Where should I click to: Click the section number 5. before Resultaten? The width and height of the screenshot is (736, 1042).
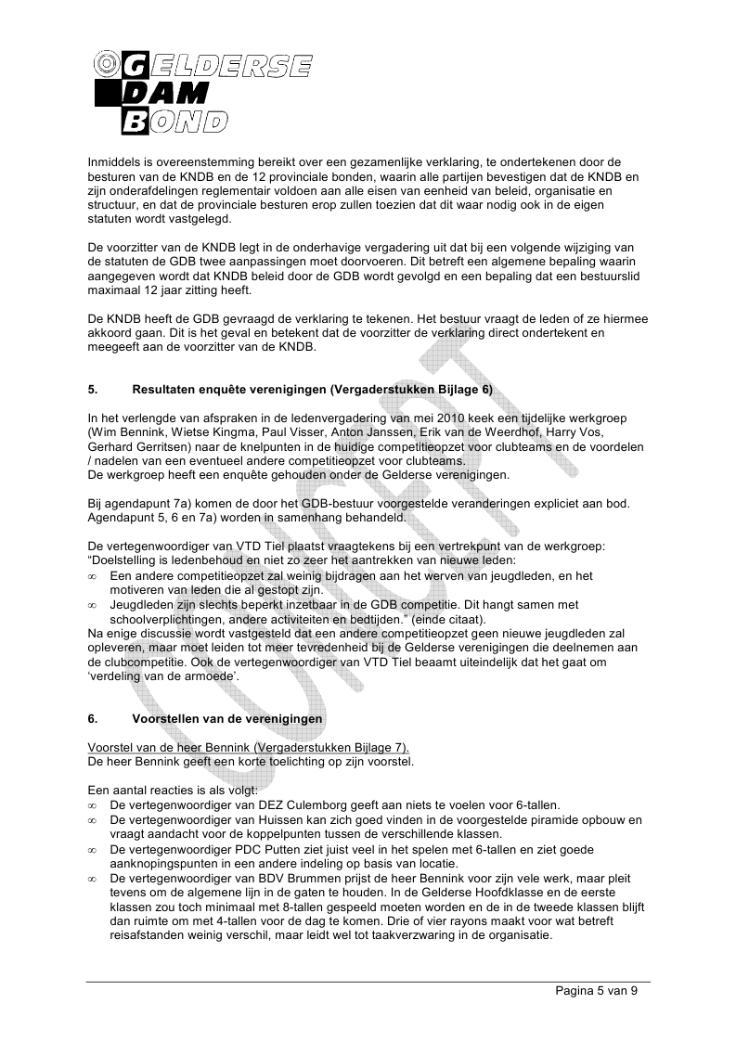(x=92, y=390)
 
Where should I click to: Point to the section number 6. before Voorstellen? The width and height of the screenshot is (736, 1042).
(x=92, y=719)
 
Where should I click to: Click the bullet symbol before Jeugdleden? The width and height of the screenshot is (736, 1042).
(x=92, y=604)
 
